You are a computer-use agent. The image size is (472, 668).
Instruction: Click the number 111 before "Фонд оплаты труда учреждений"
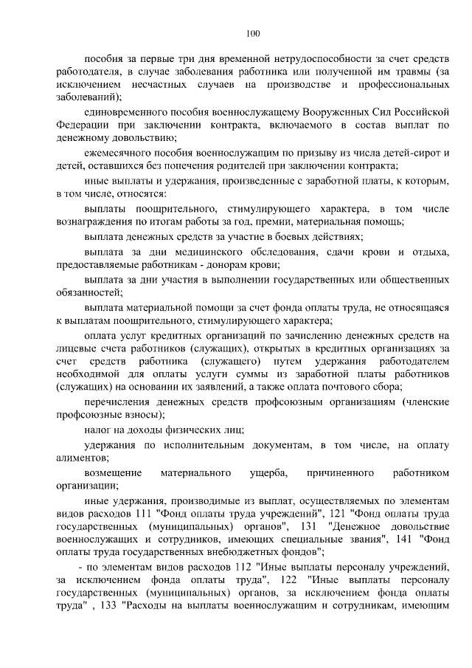tap(141, 513)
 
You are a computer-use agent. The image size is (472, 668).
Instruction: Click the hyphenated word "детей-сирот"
tap(407, 153)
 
